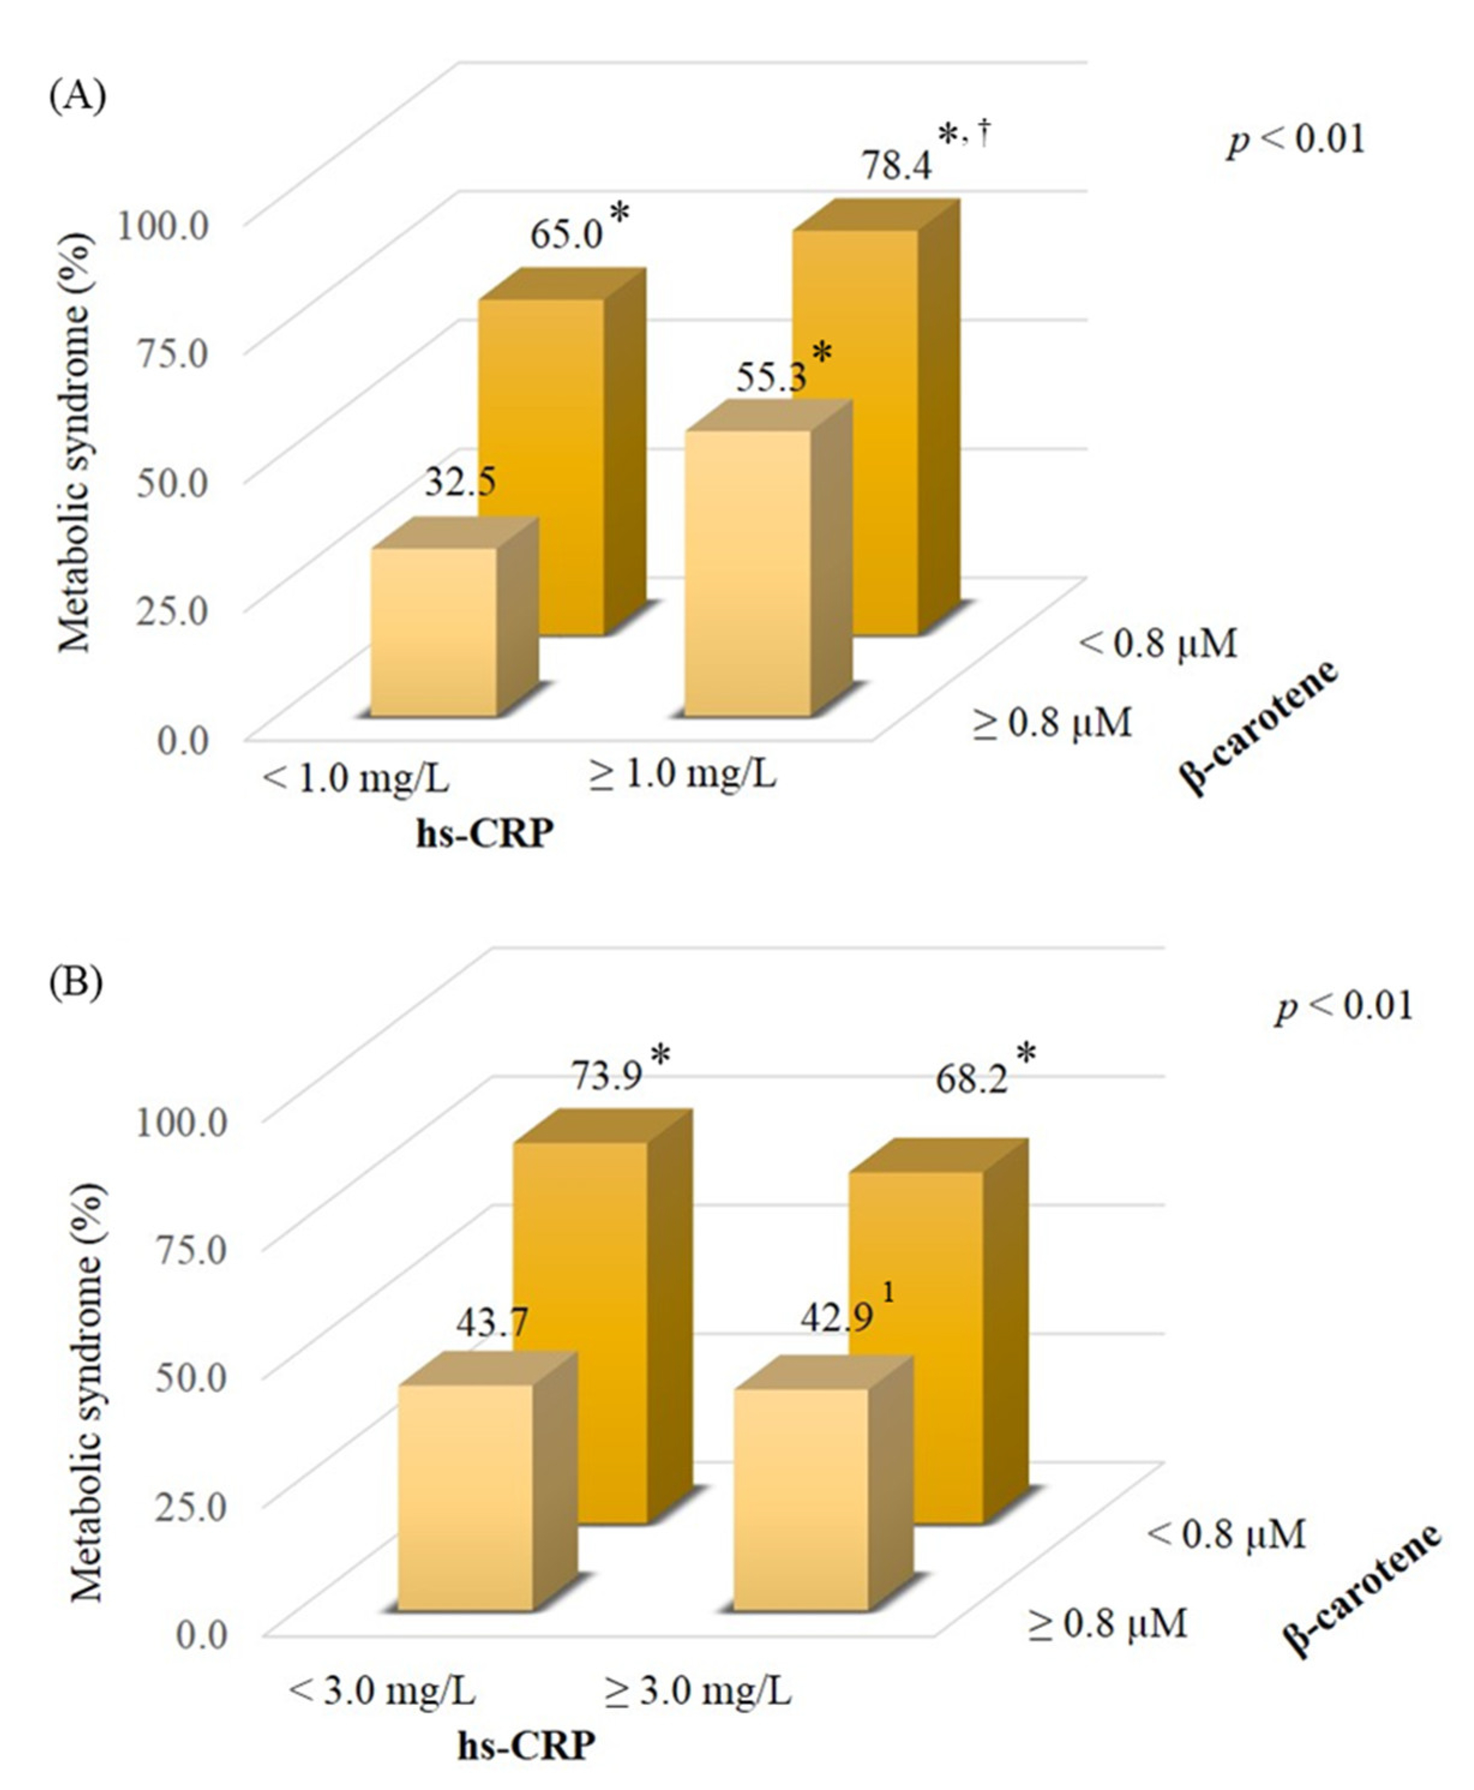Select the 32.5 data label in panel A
(460, 482)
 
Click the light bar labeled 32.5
(434, 632)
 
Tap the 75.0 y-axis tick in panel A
(173, 353)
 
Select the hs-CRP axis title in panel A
(484, 834)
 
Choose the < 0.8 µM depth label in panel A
(1157, 644)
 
